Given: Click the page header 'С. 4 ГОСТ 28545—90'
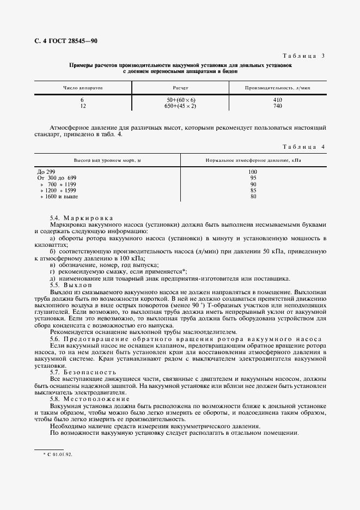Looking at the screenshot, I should [x=63, y=41].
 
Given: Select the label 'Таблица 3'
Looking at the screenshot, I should [x=304, y=56].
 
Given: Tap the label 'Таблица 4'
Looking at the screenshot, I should [x=304, y=147].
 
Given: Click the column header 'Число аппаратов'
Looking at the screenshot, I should [x=83, y=87].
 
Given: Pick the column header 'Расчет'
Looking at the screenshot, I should [x=180, y=87].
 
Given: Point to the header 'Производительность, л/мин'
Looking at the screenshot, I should [x=277, y=87].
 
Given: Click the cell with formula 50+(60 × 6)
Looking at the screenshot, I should [x=181, y=100].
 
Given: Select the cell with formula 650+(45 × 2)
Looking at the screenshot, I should [x=181, y=106].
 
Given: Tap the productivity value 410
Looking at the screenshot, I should [x=277, y=100].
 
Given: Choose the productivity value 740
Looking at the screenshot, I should [x=277, y=106].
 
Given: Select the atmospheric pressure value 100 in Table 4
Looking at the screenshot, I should [x=253, y=172].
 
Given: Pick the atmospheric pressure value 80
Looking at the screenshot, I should [x=253, y=196].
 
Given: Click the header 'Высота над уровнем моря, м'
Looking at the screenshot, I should [x=107, y=161].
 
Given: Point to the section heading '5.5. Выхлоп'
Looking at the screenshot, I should [x=71, y=285].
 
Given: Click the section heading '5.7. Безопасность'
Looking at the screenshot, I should [x=78, y=372].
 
